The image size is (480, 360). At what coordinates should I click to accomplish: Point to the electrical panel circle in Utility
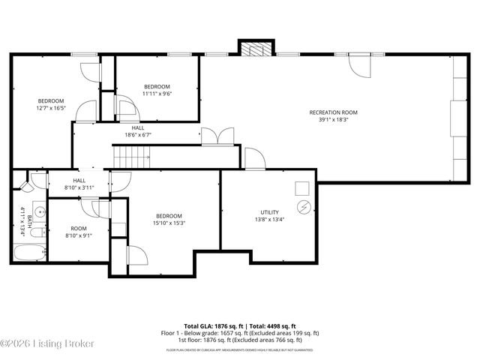[304, 206]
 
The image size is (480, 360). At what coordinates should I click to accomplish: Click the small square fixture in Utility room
[301, 187]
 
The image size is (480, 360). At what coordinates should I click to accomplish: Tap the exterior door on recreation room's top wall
[359, 65]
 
